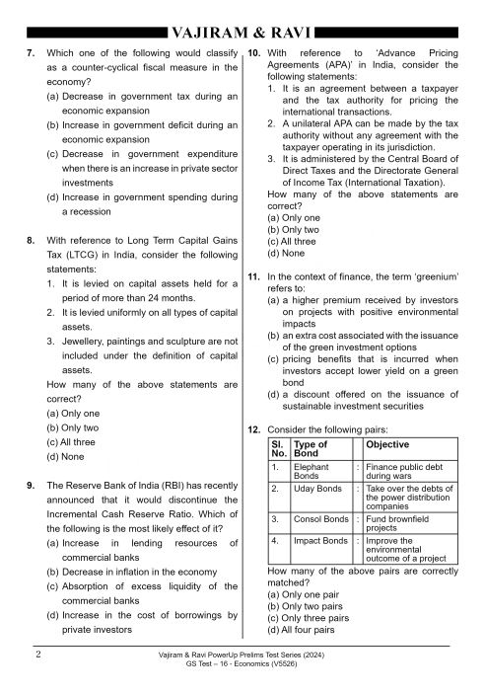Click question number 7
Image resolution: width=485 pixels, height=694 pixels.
pyautogui.click(x=31, y=49)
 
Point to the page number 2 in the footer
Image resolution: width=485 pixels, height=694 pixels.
pyautogui.click(x=35, y=654)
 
